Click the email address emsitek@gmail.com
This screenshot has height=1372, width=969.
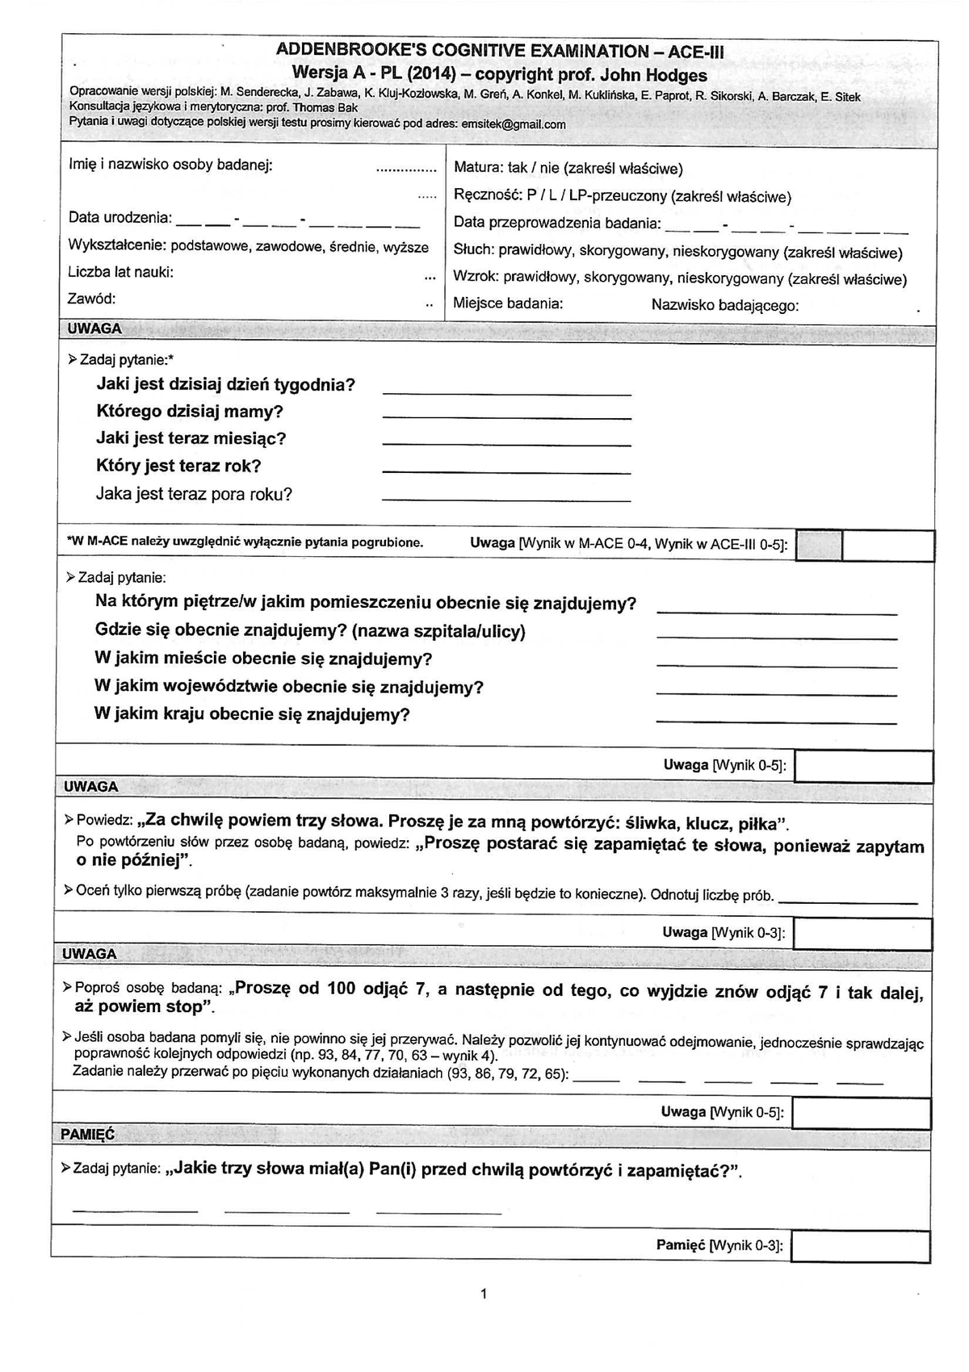[x=512, y=125]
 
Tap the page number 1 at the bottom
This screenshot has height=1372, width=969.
[x=483, y=1295]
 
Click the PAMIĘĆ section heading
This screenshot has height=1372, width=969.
[x=87, y=1134]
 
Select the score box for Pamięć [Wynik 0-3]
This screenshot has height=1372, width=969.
[x=860, y=1246]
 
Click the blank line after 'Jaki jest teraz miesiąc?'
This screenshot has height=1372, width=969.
[x=505, y=445]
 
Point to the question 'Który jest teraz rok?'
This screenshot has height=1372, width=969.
[x=178, y=466]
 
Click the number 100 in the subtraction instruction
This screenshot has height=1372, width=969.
[x=341, y=989]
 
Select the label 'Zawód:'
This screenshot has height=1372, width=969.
[x=92, y=299]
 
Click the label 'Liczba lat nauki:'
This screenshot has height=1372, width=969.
[x=120, y=272]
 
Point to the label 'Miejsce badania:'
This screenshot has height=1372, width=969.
[x=508, y=304]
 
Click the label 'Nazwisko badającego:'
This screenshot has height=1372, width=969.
[x=725, y=305]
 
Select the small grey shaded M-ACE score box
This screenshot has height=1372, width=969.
[x=818, y=546]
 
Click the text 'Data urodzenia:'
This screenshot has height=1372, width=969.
[x=120, y=218]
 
